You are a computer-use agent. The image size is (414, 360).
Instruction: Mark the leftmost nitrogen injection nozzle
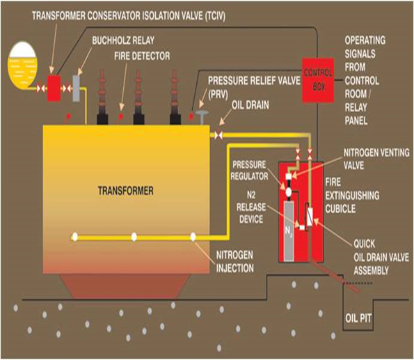[x=74, y=237]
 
